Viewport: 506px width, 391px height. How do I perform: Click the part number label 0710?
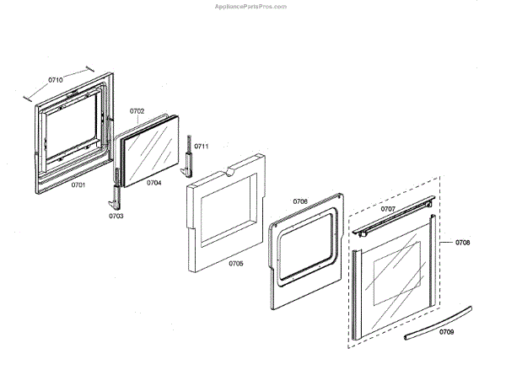[56, 80]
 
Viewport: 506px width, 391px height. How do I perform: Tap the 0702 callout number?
[137, 111]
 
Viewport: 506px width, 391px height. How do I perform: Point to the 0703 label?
[116, 216]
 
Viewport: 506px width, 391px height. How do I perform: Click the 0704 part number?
[153, 182]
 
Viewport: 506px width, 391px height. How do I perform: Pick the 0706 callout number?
[300, 201]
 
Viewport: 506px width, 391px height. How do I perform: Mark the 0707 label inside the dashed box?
[388, 208]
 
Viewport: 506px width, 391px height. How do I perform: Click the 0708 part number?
[462, 243]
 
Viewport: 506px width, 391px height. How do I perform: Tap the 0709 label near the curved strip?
[446, 332]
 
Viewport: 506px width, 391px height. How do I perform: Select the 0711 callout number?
[202, 147]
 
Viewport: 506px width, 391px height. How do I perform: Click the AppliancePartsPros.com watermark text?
[251, 5]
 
